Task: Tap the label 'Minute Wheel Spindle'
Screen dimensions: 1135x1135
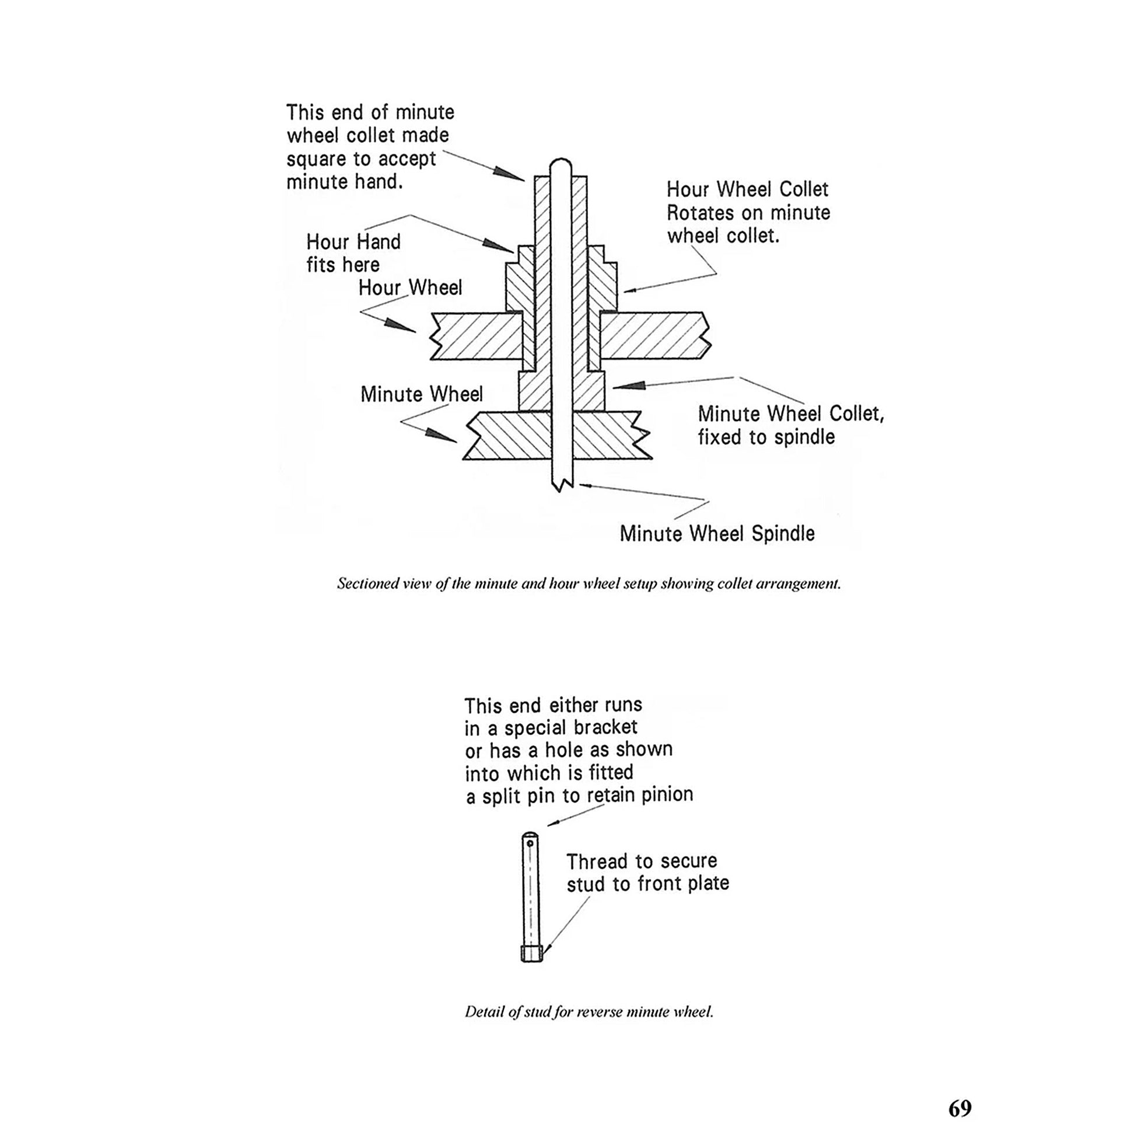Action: (x=717, y=534)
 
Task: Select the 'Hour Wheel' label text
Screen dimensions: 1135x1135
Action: (x=410, y=288)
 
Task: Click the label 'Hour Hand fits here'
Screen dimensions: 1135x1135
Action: (x=353, y=253)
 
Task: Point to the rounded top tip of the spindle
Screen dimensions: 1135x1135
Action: (x=561, y=162)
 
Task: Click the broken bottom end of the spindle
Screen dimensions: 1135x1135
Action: (x=561, y=484)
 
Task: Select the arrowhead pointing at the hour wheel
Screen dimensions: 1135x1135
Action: (x=401, y=326)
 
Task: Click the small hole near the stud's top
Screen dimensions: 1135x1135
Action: (x=531, y=843)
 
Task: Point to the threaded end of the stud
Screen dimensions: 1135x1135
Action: (x=531, y=953)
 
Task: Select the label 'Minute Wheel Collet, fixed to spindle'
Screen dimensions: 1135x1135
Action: (x=790, y=425)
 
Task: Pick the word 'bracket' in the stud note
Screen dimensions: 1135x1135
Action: (x=604, y=727)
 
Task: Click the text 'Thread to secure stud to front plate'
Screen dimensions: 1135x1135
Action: (x=647, y=873)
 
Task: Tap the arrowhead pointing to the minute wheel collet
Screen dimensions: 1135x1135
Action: (x=629, y=386)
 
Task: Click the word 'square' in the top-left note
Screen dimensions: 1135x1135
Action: (x=316, y=159)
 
